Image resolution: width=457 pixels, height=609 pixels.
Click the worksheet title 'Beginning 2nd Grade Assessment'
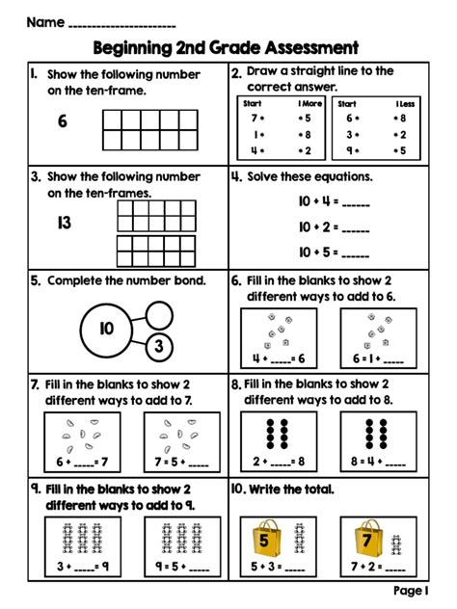(x=227, y=47)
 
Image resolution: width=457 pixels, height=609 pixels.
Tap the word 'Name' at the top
(x=45, y=21)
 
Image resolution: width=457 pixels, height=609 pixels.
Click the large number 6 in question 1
(x=62, y=121)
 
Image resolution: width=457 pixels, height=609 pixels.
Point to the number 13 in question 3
(x=64, y=223)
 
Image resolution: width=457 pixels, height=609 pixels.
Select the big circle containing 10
(x=106, y=329)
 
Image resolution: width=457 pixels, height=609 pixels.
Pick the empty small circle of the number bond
(x=158, y=311)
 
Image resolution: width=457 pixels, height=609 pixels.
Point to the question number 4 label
(x=236, y=177)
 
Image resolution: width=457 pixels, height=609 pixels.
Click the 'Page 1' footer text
(x=412, y=590)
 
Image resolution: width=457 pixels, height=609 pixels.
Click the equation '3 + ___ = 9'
(x=81, y=566)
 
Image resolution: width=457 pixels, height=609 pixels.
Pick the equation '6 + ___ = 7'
(x=82, y=461)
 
